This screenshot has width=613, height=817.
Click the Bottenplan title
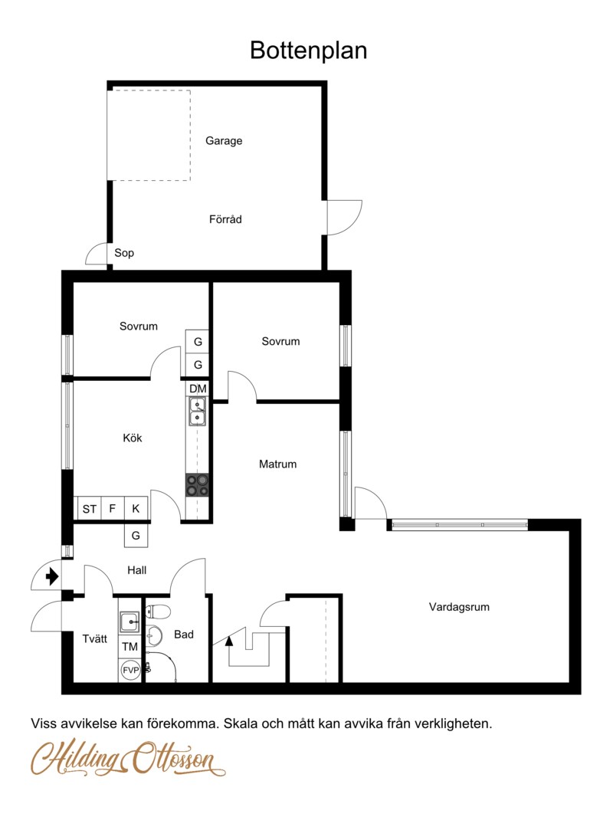tap(308, 51)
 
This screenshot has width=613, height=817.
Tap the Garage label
tap(224, 141)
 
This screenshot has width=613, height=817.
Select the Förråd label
tap(225, 219)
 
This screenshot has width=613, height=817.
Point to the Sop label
tap(124, 253)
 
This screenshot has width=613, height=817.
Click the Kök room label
tap(133, 438)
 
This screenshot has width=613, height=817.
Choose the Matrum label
tap(277, 464)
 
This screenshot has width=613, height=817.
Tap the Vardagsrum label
tap(459, 607)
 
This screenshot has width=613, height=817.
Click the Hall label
tap(137, 570)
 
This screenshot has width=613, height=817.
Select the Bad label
tap(184, 634)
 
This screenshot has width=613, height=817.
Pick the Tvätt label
tap(95, 638)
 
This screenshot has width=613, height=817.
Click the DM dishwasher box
tap(198, 389)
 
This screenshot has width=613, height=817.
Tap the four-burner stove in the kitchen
tap(198, 485)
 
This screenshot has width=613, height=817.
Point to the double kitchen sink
tap(198, 411)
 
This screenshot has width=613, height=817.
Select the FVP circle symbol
tap(130, 670)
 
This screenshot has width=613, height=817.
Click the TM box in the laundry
tap(129, 647)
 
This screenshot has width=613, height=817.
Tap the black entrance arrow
tap(51, 576)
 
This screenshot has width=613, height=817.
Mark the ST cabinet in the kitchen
tap(89, 509)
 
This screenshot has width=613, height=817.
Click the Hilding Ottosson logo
tap(128, 757)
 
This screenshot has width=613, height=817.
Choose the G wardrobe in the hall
tap(136, 535)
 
